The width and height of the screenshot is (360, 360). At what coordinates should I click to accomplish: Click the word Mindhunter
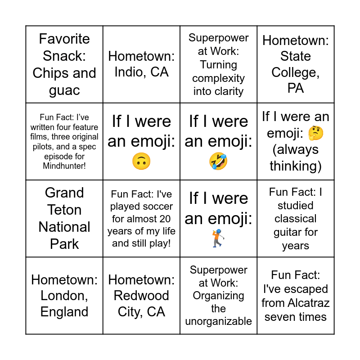[64, 166]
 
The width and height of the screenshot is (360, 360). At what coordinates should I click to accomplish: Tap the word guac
[64, 90]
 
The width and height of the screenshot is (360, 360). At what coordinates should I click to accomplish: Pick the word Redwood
[141, 296]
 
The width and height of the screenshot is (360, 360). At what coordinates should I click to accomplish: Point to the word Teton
[64, 210]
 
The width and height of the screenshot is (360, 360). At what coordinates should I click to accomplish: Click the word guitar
[296, 232]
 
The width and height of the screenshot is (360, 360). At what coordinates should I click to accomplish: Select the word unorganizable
[218, 321]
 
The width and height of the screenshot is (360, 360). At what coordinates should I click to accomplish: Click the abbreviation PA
[296, 88]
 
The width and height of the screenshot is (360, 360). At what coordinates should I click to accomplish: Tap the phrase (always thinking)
[296, 158]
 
